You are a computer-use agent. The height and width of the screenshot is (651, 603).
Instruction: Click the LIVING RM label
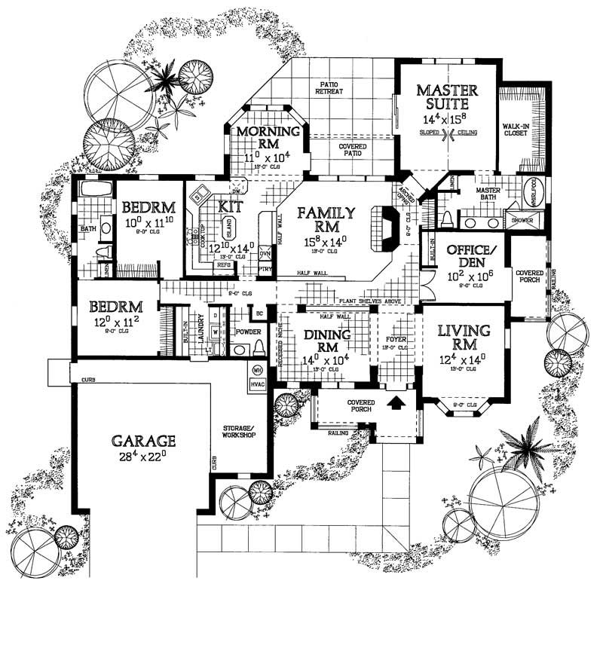point(463,337)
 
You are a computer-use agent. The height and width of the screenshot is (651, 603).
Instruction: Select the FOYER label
point(396,340)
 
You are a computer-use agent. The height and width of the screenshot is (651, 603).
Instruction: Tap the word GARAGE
point(143,440)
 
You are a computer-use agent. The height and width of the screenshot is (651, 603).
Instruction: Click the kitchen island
point(231,230)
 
